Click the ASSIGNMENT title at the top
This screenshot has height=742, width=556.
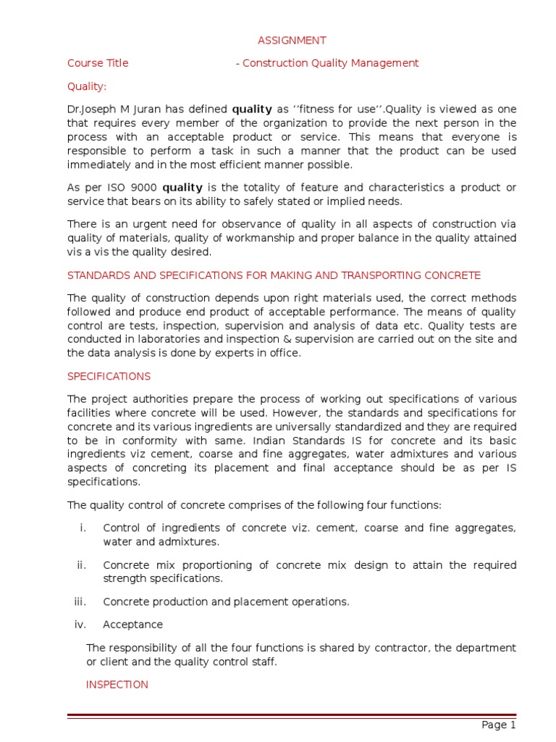tap(292, 41)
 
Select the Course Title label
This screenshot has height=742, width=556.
tap(98, 63)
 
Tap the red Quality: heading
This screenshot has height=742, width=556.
tap(87, 86)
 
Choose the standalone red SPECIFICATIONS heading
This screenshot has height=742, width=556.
tap(109, 377)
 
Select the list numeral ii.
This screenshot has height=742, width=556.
tap(81, 565)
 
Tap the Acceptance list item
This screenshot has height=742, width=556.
tap(132, 625)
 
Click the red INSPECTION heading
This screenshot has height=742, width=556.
tap(117, 685)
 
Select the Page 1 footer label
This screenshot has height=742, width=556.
tap(498, 725)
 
